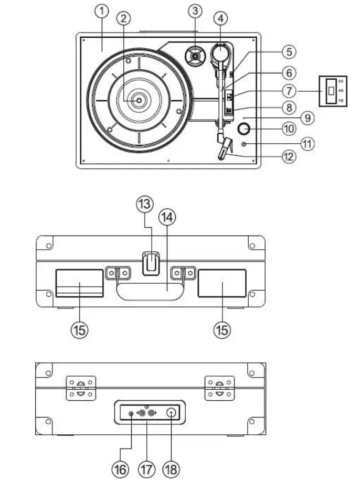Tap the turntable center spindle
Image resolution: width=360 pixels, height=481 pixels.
[139, 101]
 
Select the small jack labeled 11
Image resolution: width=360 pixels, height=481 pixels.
[245, 144]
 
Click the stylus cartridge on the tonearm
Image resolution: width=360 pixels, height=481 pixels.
[224, 149]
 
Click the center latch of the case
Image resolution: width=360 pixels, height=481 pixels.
[150, 263]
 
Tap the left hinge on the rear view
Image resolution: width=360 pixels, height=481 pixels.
[80, 388]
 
